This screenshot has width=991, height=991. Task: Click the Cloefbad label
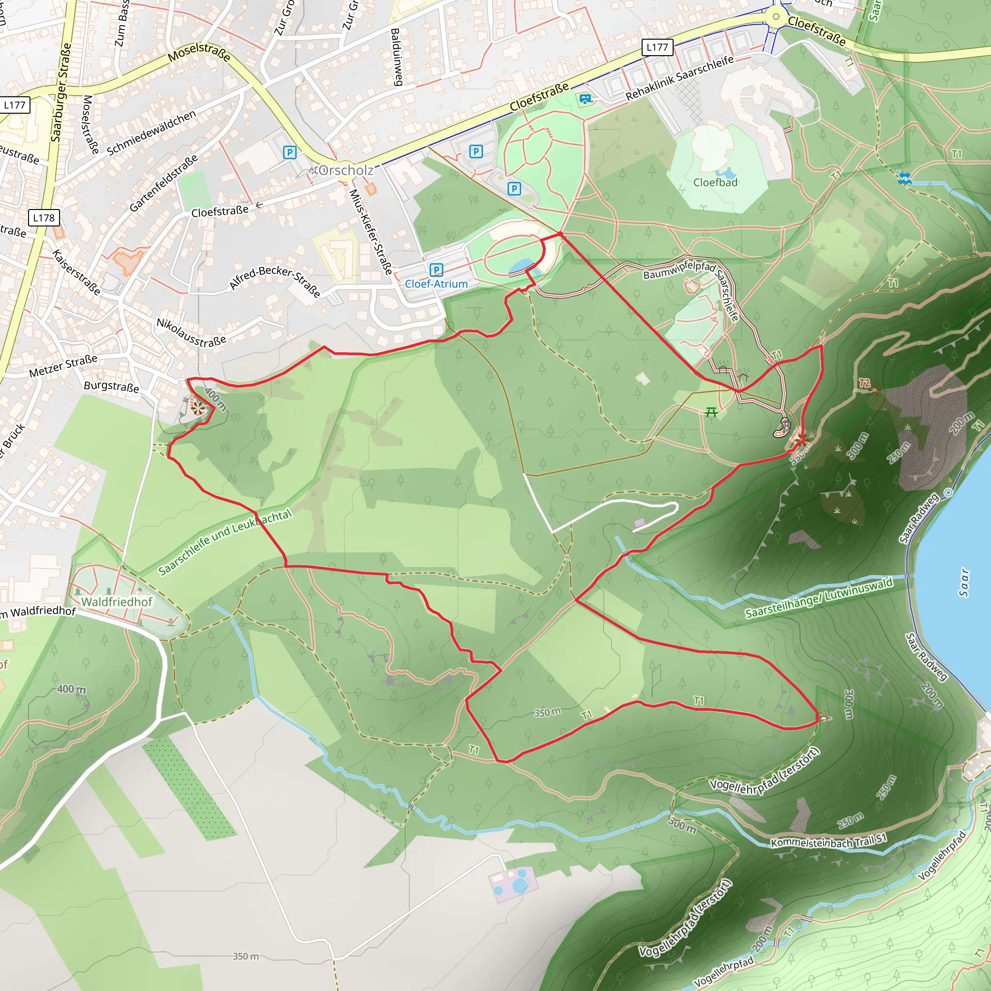715,182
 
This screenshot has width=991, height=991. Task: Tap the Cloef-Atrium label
436,284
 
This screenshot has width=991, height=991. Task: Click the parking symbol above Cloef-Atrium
436,270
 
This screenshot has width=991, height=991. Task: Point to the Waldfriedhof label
117,601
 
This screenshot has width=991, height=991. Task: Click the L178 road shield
44,218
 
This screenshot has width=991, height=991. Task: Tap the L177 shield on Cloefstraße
657,48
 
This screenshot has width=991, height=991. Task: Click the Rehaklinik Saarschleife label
680,78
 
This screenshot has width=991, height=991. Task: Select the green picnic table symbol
711,412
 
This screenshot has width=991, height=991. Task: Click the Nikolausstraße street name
191,332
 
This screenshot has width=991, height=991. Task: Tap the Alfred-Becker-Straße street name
275,281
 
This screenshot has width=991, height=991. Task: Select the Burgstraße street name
111,386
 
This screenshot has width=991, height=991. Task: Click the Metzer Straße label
63,366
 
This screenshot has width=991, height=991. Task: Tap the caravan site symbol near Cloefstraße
585,99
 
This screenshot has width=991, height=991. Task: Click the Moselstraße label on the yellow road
199,52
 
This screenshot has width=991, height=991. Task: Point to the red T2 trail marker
865,383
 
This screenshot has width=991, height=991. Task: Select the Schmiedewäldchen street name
151,132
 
